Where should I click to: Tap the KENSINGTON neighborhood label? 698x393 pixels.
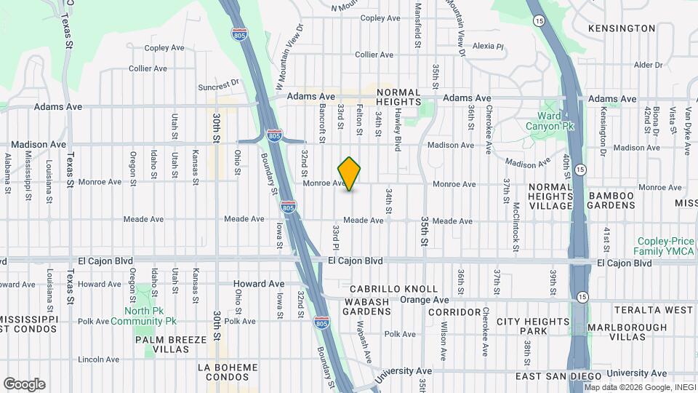pos(622,28)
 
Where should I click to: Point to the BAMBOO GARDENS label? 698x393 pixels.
pos(611,200)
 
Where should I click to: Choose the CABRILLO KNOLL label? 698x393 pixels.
pos(398,288)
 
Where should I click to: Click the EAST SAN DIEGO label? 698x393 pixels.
pos(558,376)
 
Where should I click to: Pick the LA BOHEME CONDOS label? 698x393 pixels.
pos(227,370)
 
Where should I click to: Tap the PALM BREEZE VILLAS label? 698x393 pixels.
pos(165,344)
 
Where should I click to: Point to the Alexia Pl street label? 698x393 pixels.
pos(488,46)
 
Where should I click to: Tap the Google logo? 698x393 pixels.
pos(24,384)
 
